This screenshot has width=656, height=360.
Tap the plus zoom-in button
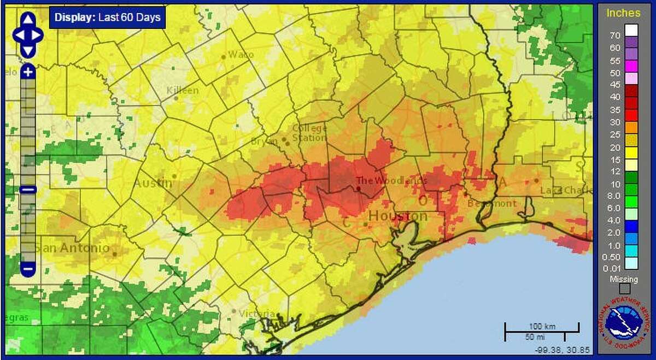[28, 72]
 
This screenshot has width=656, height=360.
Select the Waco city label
[241, 54]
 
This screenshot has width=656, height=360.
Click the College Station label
[309, 133]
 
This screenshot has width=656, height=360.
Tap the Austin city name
[153, 182]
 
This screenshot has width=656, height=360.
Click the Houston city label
[397, 216]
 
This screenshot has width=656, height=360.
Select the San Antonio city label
[72, 247]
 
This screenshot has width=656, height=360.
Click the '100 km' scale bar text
[541, 326]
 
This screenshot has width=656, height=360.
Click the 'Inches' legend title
[623, 13]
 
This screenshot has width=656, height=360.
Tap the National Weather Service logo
[624, 327]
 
